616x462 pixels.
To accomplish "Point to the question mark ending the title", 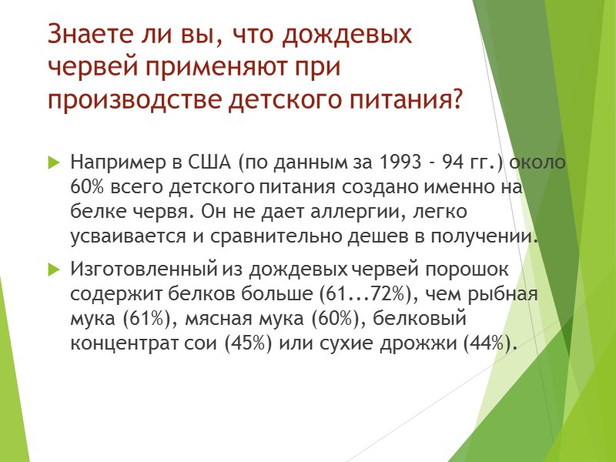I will (x=458, y=100).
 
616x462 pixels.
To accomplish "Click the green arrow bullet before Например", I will (x=53, y=163).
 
